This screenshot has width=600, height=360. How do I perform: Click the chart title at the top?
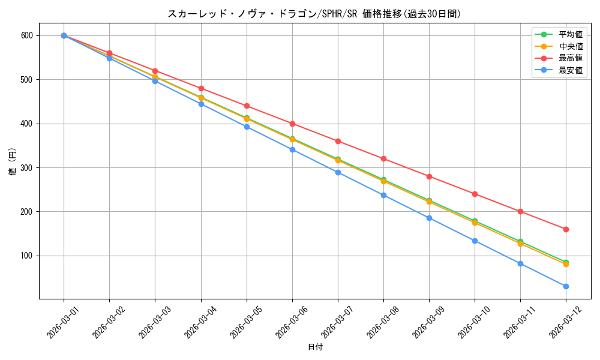pyautogui.click(x=314, y=14)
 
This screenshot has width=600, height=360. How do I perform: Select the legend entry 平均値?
pyautogui.click(x=570, y=34)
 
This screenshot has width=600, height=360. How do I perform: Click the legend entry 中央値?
pyautogui.click(x=570, y=46)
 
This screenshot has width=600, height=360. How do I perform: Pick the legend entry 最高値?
pyautogui.click(x=570, y=58)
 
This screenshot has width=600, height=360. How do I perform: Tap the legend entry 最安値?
pyautogui.click(x=570, y=70)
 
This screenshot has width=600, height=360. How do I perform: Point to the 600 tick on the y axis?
pyautogui.click(x=28, y=35)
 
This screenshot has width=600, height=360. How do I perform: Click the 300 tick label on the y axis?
pyautogui.click(x=28, y=167)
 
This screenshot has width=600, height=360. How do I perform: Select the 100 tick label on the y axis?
pyautogui.click(x=28, y=256)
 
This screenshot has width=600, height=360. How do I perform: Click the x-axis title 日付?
pyautogui.click(x=314, y=347)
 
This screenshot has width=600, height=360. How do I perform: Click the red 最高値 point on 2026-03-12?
pyautogui.click(x=566, y=229)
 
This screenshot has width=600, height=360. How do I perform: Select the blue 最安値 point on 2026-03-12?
pyautogui.click(x=566, y=286)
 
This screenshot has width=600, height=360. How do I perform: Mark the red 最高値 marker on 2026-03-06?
pyautogui.click(x=292, y=124)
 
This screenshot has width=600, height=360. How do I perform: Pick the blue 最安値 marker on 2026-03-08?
pyautogui.click(x=383, y=195)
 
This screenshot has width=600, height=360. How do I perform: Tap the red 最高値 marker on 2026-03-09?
pyautogui.click(x=429, y=176)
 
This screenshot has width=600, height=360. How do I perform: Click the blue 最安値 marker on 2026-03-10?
pyautogui.click(x=475, y=241)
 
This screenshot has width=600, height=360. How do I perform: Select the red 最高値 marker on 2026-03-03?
pyautogui.click(x=155, y=71)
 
